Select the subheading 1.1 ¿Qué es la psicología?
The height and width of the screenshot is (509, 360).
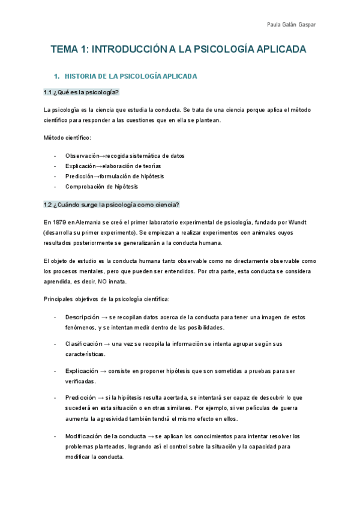click(x=82, y=92)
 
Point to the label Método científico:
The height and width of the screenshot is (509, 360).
click(x=67, y=137)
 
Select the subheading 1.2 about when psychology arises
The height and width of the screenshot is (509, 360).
click(x=112, y=205)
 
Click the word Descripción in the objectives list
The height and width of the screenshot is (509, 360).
click(x=82, y=316)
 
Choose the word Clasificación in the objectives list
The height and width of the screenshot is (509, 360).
click(x=83, y=344)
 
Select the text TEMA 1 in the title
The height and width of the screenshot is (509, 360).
click(x=67, y=49)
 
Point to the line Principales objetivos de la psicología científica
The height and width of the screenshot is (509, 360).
click(x=107, y=298)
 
